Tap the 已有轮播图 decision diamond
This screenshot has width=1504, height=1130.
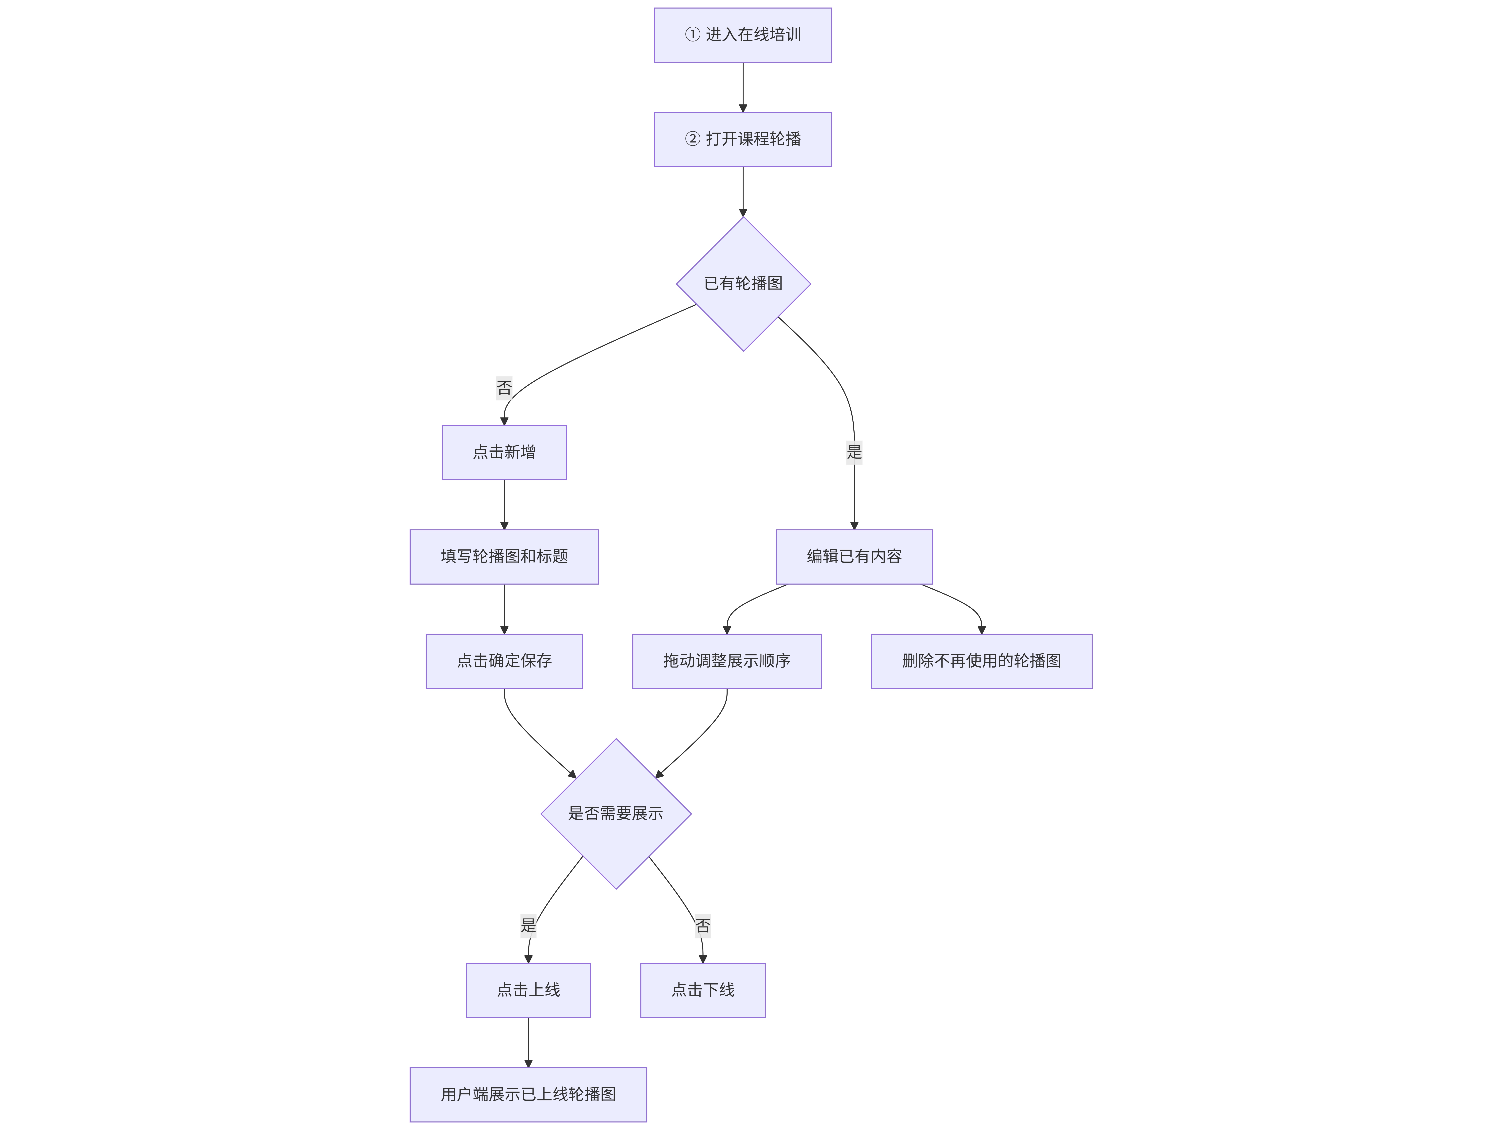click(743, 284)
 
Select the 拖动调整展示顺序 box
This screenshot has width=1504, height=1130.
click(727, 661)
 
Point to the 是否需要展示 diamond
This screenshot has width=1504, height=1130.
click(616, 814)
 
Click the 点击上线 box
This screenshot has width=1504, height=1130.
click(528, 991)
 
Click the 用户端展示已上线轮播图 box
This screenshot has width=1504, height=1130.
click(528, 1095)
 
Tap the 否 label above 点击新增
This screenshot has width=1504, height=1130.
click(504, 388)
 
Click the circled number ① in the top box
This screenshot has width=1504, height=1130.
click(692, 35)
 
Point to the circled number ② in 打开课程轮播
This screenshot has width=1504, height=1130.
click(692, 139)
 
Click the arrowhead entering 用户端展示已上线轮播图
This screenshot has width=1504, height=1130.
click(528, 1063)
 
